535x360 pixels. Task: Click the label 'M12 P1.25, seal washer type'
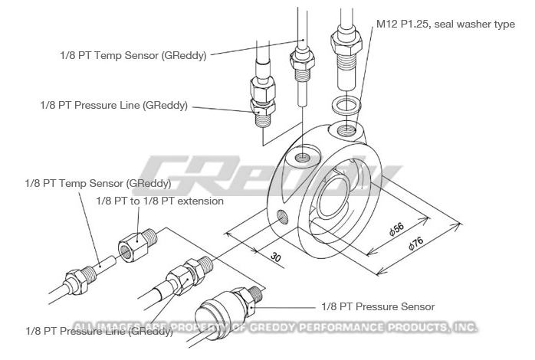coord(445,25)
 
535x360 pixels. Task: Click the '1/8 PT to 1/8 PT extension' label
coord(159,201)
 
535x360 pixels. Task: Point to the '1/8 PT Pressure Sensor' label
coord(378,306)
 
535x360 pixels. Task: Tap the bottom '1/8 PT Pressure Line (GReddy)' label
coord(98,331)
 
